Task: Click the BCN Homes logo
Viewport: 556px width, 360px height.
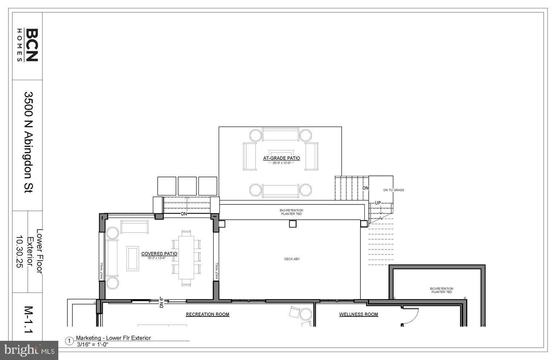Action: click(28, 45)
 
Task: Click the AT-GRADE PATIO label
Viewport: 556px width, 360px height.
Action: click(281, 158)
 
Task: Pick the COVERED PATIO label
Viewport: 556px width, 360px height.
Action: click(159, 254)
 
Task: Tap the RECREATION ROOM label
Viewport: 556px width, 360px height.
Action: click(208, 314)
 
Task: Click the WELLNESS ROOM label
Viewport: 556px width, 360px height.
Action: click(359, 314)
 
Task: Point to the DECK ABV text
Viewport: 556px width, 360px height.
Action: click(292, 259)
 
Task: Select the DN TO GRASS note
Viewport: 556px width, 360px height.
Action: click(393, 190)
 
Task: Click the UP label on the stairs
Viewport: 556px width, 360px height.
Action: click(378, 203)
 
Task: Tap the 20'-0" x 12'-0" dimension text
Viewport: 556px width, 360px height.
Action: click(281, 163)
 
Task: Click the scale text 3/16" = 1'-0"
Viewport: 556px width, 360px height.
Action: click(93, 344)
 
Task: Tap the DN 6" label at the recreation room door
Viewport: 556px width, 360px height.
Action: click(162, 302)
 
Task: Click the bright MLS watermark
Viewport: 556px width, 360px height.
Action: click(29, 350)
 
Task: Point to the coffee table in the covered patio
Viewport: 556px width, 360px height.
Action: click(133, 258)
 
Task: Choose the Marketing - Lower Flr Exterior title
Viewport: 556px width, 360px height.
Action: click(113, 338)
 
